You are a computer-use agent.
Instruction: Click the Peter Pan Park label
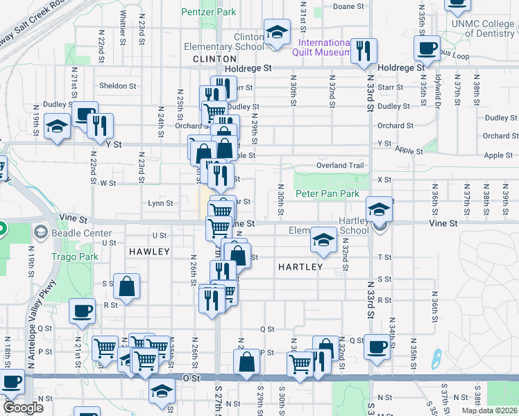coord(327,193)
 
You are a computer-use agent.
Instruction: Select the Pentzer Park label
coord(208,12)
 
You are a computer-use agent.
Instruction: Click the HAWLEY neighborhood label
coord(148,252)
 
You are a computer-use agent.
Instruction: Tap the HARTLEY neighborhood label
coord(300,267)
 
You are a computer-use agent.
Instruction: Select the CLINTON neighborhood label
coord(214,60)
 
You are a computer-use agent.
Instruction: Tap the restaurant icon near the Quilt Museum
coord(364,51)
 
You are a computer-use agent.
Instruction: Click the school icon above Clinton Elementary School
coord(277,32)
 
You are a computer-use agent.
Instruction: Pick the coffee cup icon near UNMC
coord(427,48)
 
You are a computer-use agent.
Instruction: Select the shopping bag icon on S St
coord(127,286)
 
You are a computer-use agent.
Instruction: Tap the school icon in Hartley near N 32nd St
coord(322,240)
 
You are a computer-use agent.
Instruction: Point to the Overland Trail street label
coord(340,166)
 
